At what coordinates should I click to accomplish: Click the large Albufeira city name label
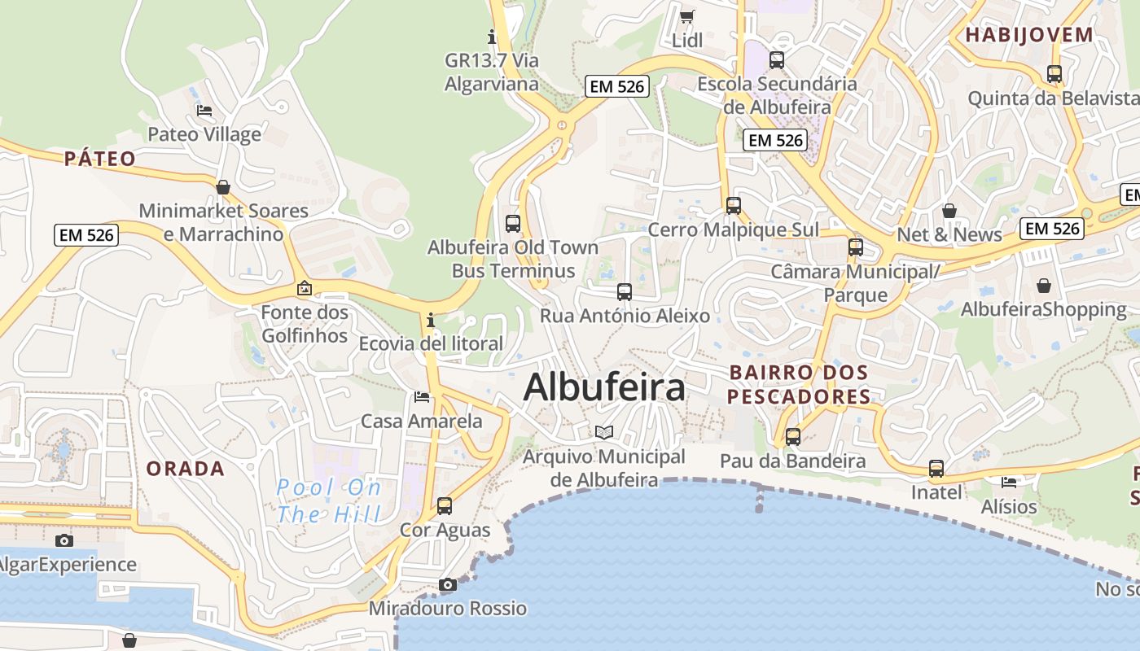604,388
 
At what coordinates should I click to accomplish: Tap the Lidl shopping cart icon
687,16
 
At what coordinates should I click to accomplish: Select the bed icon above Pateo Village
204,110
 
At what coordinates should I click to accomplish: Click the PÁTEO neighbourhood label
99,159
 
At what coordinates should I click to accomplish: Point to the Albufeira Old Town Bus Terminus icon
513,223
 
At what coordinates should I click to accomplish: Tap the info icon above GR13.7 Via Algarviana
491,37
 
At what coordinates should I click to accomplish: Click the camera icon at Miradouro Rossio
447,584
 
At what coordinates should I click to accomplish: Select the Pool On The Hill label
328,501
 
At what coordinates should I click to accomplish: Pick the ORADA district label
185,469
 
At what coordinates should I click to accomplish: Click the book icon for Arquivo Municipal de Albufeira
603,432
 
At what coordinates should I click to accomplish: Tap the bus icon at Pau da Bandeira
793,437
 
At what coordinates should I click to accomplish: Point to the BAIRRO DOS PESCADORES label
798,385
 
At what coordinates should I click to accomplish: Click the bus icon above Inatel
936,468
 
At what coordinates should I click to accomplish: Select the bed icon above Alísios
1010,482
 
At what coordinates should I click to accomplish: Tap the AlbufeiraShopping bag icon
1044,286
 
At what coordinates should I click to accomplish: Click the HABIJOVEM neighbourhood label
1028,35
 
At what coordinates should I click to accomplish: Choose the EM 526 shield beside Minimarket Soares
87,236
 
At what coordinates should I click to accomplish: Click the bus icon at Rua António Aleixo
625,291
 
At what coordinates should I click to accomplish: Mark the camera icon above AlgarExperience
64,540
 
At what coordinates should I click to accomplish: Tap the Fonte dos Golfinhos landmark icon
305,288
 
